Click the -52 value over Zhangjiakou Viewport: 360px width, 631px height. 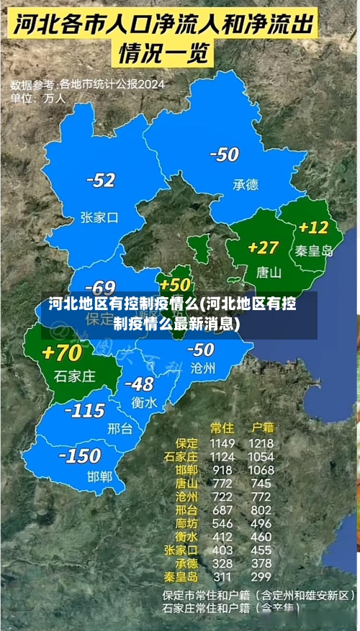coord(100,181)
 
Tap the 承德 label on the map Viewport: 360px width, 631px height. coord(245,184)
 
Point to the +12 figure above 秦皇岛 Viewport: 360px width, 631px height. coord(313,227)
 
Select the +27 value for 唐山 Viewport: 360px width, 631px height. coord(263,248)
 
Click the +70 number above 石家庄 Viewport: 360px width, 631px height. coord(62,353)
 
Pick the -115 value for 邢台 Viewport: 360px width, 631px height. coord(85,411)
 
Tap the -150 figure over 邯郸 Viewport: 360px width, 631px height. coord(79,455)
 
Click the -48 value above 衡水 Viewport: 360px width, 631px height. coord(139,383)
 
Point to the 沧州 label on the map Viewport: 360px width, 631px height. coord(203,368)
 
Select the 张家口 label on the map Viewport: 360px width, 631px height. coord(99,217)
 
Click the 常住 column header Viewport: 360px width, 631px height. coord(222,427)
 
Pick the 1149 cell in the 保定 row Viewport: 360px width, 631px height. coord(222,443)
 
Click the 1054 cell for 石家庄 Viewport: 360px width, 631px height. coord(261,456)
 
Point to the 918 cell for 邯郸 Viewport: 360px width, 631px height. coord(222,470)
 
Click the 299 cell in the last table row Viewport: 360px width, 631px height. coord(261,576)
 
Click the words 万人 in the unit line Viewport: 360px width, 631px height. coord(55,97)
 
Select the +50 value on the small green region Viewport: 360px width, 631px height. coord(175,284)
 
